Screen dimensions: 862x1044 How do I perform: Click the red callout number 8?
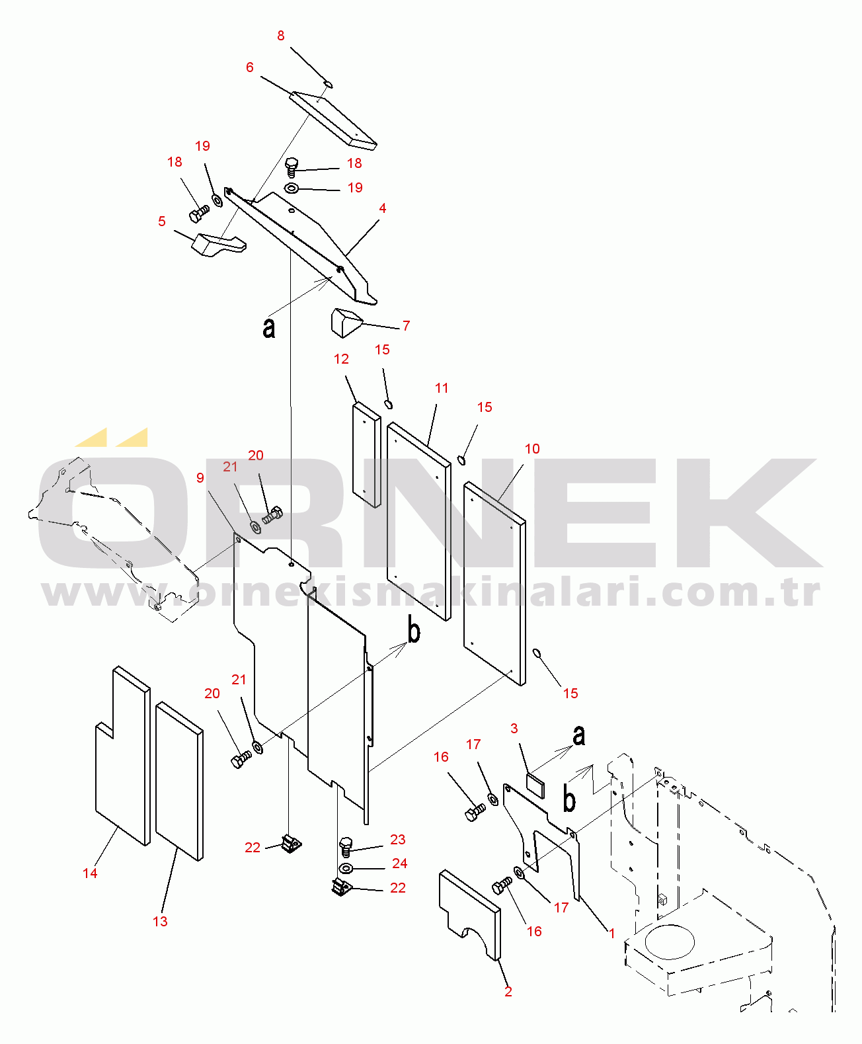point(280,36)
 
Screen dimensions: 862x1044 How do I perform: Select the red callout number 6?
point(250,67)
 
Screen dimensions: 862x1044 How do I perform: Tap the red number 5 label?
point(161,221)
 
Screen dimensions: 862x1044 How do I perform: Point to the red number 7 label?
point(406,325)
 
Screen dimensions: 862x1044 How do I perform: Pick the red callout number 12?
point(342,358)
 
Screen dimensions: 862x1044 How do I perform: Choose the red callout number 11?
point(442,387)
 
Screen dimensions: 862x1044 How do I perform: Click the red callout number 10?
point(532,448)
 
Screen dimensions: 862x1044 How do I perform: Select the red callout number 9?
point(200,477)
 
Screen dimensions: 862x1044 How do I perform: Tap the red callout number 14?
point(90,873)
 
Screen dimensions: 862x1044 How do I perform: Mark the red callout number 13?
point(160,921)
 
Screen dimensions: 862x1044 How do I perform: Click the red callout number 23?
point(397,839)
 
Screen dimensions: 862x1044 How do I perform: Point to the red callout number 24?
point(399,863)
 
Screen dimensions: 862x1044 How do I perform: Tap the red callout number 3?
point(514,728)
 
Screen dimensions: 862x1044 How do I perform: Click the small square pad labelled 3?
point(535,785)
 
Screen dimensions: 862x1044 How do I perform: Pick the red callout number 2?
point(508,992)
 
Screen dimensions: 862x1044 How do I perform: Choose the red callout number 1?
point(611,933)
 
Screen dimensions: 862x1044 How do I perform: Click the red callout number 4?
point(383,208)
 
